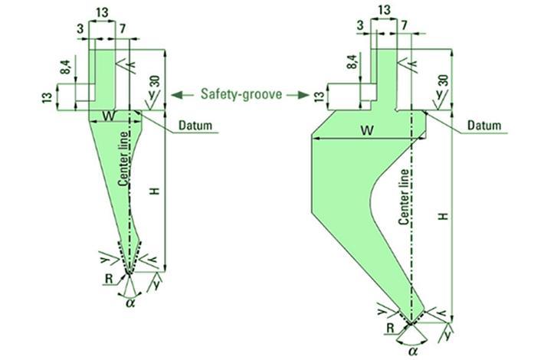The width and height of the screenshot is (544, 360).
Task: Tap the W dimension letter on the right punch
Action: (x=368, y=130)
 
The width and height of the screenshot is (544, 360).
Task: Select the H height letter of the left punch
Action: (x=155, y=191)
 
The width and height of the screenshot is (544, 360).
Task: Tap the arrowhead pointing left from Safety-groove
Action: (x=175, y=95)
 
